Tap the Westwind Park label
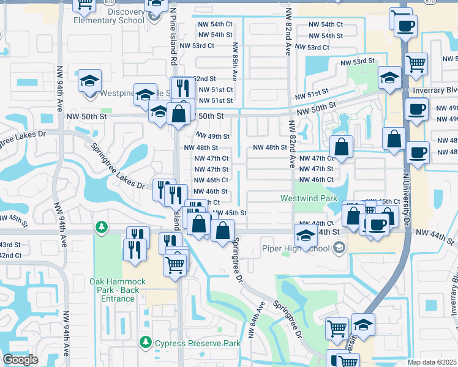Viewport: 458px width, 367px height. coord(309,198)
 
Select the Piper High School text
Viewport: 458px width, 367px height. coord(296,248)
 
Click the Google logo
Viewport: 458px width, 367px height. coord(20,360)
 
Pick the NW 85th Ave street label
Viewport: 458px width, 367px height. coord(235,62)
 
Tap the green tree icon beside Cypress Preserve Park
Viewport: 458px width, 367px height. coord(146,341)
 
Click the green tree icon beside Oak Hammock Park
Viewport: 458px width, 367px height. coord(101,228)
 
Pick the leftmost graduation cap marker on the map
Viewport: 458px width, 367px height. coord(89,81)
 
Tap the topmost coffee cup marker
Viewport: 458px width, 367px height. coord(405,26)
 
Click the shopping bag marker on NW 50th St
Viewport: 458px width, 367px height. coord(178,114)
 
